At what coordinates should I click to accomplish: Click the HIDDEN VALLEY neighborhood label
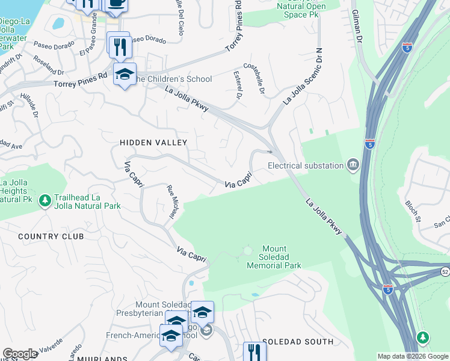tap(153, 143)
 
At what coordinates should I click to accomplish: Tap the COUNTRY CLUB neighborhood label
tap(51, 236)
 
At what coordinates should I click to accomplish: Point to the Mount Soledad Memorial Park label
tap(282, 257)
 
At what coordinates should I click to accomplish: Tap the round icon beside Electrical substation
tap(353, 164)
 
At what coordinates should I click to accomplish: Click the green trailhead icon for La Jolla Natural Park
tap(45, 200)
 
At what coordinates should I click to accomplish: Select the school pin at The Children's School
tap(125, 75)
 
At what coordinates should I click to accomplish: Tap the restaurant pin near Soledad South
tap(254, 351)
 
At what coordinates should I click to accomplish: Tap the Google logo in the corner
tap(20, 354)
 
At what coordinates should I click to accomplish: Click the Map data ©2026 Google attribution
tap(413, 356)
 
